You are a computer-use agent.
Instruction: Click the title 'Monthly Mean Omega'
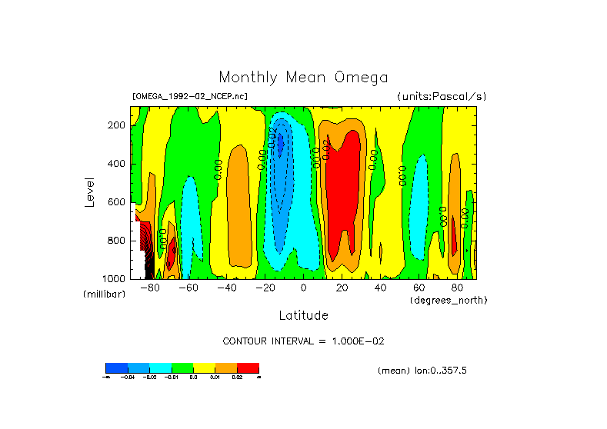(x=303, y=78)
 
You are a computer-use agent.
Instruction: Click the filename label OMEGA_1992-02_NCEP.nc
(x=190, y=96)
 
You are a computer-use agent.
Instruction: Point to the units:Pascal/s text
(x=442, y=96)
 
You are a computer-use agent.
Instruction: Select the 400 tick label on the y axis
(x=117, y=164)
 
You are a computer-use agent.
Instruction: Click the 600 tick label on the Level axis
(x=117, y=202)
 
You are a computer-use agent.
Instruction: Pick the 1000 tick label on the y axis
(x=115, y=278)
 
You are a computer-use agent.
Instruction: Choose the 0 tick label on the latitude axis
(x=303, y=288)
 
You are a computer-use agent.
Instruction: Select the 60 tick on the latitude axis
(x=419, y=288)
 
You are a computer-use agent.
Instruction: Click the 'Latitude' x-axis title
(x=303, y=315)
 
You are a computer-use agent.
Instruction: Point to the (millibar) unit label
(x=104, y=294)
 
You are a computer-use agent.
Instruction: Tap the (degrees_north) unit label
(x=449, y=299)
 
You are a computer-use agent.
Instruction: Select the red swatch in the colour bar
(x=248, y=367)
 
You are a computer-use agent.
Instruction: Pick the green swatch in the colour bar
(x=182, y=367)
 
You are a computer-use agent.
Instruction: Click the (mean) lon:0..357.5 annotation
(x=422, y=371)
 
